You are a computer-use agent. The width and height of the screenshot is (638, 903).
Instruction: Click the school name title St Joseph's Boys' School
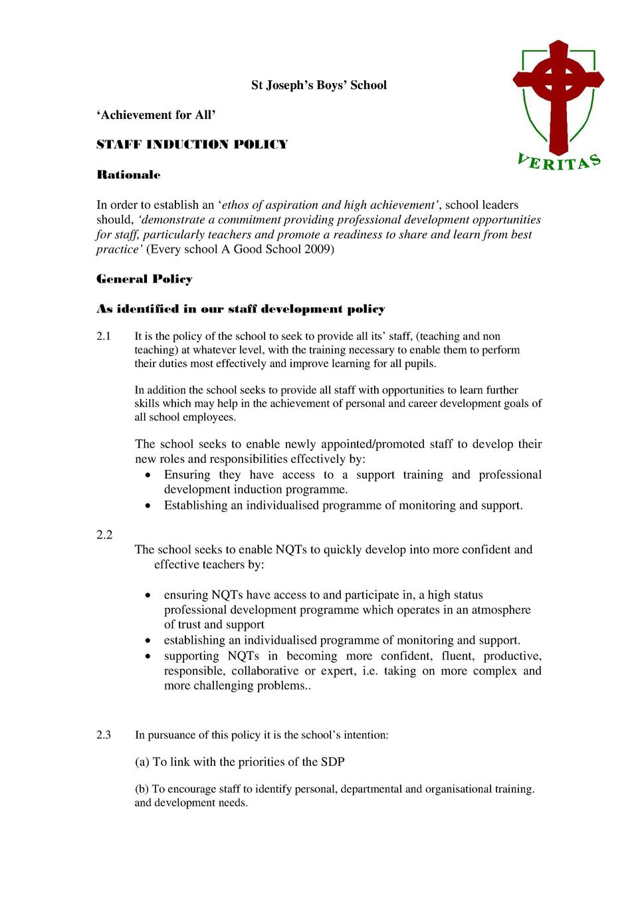(318, 85)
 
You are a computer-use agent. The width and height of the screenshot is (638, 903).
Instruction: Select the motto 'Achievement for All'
(156, 115)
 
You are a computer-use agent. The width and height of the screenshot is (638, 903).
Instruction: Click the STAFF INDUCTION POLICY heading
(192, 145)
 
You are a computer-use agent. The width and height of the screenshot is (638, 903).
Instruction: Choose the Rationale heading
(128, 175)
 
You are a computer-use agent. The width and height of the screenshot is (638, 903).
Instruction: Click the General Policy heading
(144, 279)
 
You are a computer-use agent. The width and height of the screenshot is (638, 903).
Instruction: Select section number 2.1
(104, 336)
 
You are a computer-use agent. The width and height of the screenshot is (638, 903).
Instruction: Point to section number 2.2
(104, 535)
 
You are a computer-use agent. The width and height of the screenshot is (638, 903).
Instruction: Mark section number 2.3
(104, 735)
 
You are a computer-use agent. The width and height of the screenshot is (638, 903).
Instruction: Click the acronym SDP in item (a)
(332, 762)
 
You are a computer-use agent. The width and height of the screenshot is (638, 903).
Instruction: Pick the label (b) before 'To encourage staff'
(142, 789)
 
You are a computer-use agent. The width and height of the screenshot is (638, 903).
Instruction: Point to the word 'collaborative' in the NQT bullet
(265, 671)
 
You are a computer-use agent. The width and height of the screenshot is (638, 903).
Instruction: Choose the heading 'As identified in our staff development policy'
(241, 309)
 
